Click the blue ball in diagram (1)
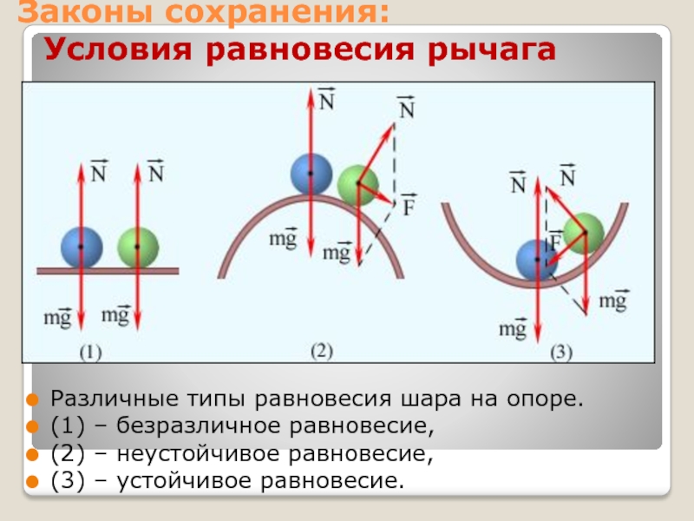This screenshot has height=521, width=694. (x=82, y=247)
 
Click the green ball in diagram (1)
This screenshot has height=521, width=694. (x=138, y=247)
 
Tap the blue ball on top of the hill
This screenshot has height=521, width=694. (x=311, y=174)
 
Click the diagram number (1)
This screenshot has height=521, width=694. (x=91, y=353)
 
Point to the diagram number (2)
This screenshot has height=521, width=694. (x=322, y=351)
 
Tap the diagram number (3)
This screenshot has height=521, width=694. (x=561, y=353)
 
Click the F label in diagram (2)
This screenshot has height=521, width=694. (x=408, y=209)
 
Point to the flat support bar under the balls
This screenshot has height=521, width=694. (x=108, y=271)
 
